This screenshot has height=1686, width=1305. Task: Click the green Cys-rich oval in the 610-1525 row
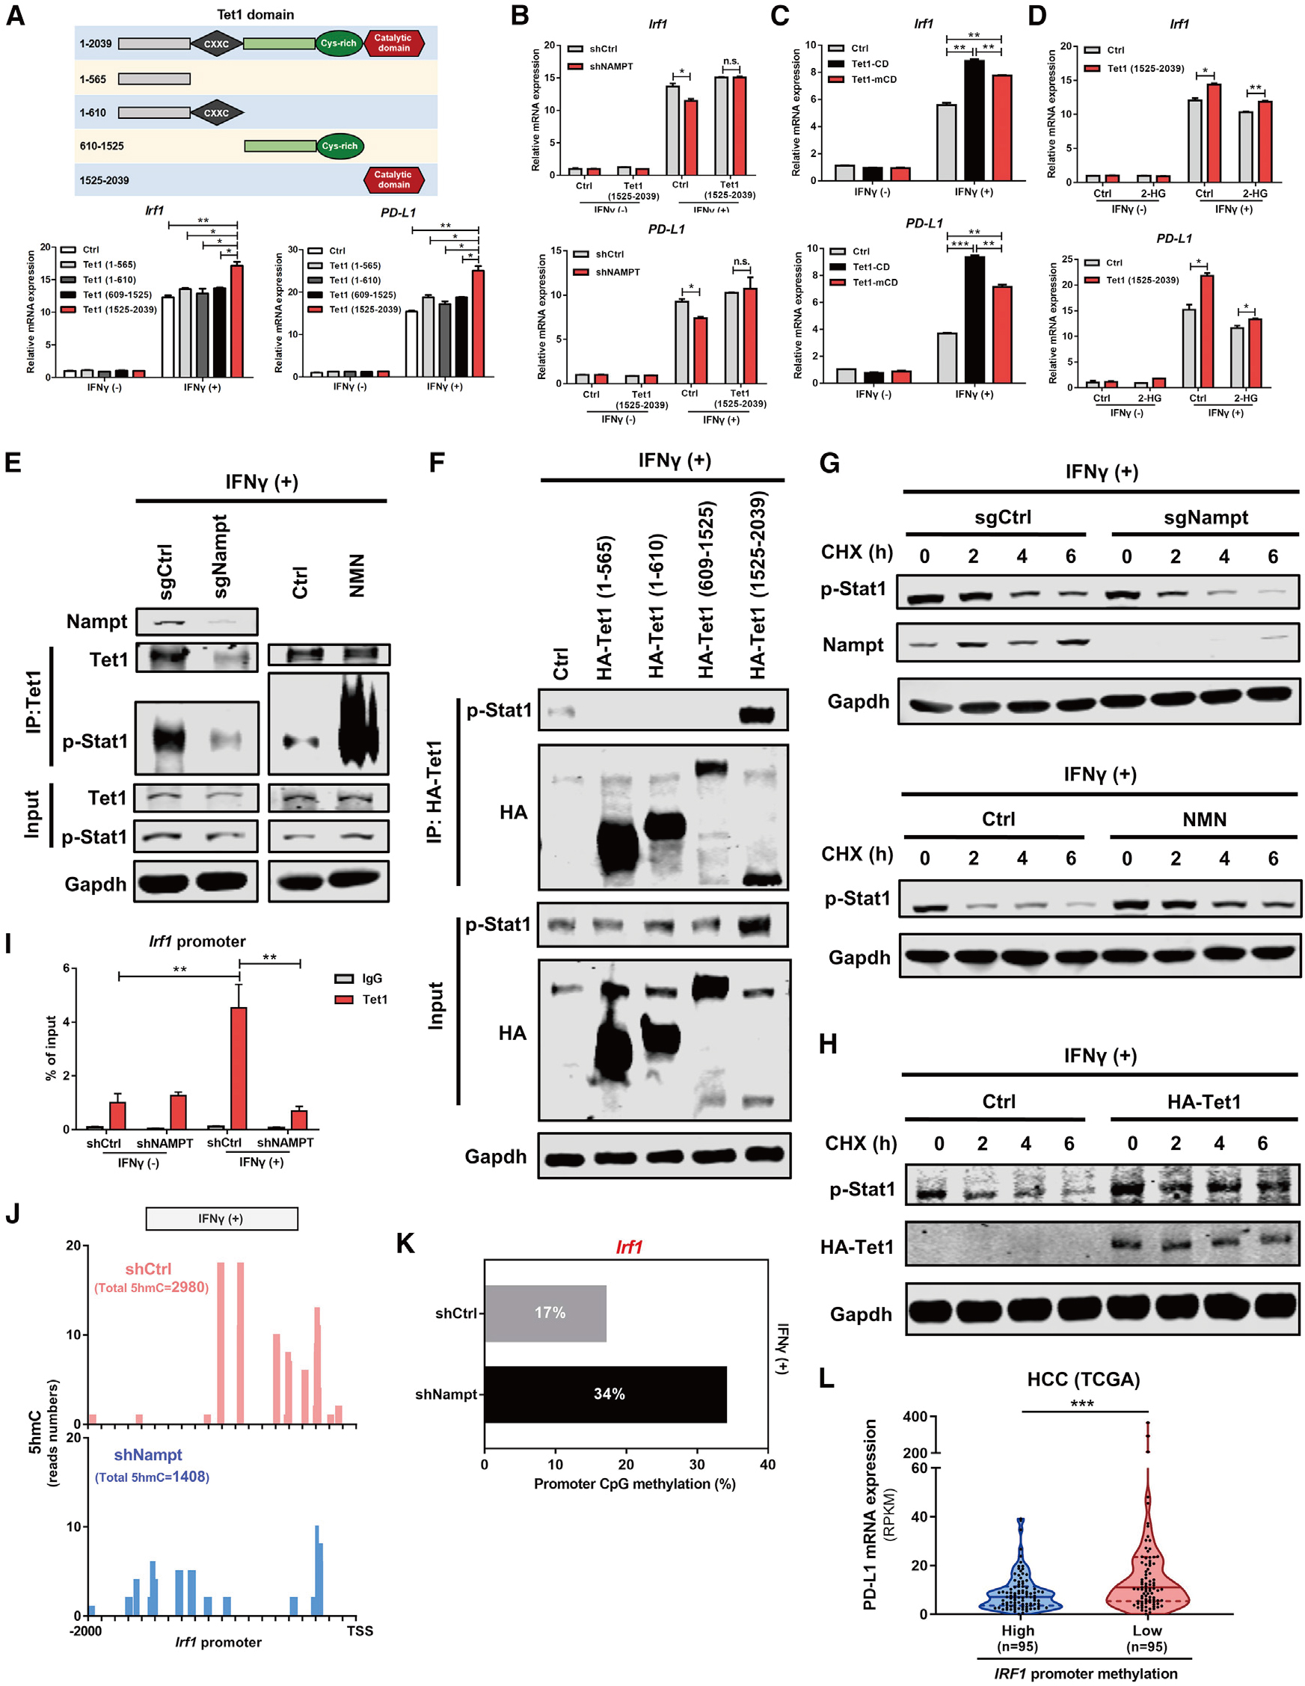point(340,146)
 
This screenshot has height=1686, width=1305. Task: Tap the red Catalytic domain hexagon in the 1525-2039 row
point(394,180)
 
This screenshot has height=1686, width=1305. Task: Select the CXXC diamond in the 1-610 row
point(216,113)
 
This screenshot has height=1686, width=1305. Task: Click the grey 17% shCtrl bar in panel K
point(545,1313)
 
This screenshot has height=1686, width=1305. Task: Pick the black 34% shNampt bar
point(606,1394)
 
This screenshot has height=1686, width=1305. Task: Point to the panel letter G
point(829,464)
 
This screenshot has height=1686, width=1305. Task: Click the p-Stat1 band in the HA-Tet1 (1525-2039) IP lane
point(757,714)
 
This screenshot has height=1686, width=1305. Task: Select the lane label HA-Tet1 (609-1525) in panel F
point(707,591)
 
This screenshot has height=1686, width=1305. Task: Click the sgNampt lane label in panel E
point(220,556)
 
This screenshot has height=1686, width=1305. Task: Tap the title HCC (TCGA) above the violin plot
point(1083,1379)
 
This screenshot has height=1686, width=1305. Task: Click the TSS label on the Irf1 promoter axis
point(360,1631)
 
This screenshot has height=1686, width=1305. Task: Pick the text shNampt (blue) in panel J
point(147,1455)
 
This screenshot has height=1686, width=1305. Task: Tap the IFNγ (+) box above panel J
point(221,1218)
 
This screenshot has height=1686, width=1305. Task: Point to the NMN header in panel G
point(1204,819)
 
